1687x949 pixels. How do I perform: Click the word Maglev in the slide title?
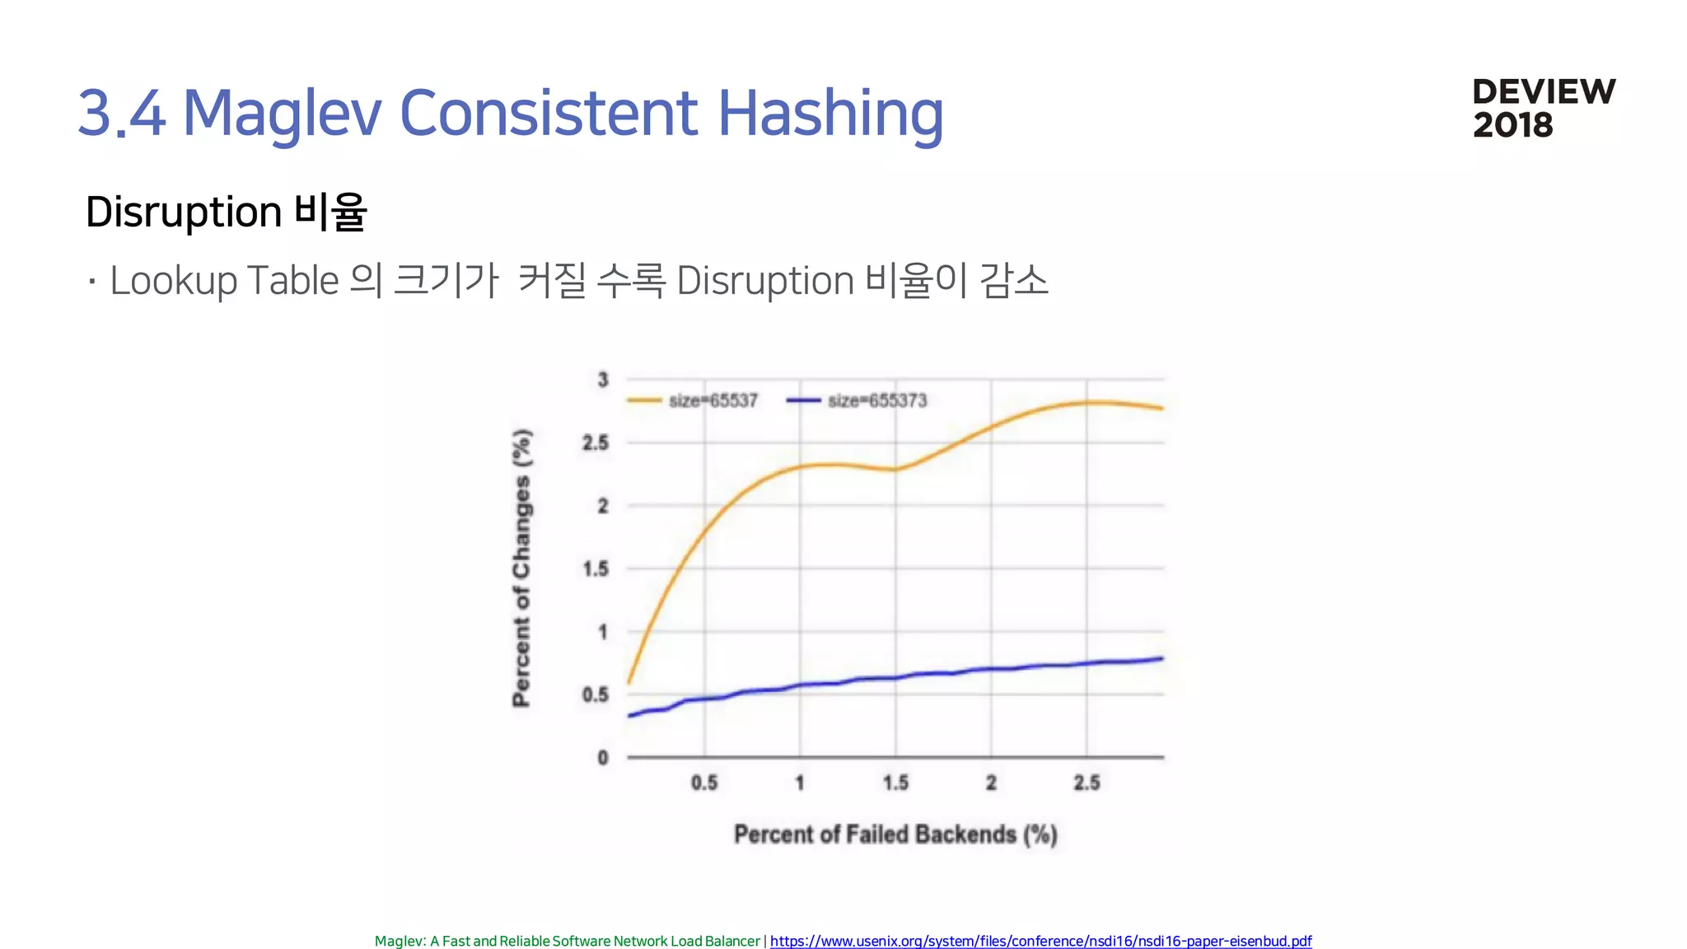282,113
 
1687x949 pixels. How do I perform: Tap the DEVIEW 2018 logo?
1544,108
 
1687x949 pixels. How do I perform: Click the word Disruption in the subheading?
184,212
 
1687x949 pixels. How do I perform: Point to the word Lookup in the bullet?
174,281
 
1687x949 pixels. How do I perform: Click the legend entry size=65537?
713,401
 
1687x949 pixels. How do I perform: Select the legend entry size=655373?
876,401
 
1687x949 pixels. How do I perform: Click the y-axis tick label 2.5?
596,443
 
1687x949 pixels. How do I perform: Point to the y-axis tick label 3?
603,380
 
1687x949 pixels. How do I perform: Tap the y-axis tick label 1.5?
596,569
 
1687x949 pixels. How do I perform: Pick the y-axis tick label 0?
603,758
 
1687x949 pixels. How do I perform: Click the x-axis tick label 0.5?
704,783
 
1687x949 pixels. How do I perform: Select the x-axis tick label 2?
991,783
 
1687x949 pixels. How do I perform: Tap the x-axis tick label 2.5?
1087,783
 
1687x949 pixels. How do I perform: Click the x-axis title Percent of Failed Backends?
895,834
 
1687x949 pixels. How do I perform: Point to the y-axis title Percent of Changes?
522,568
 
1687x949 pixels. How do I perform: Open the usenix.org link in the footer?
1040,941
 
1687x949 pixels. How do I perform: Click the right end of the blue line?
1161,659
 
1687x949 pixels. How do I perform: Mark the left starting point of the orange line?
629,682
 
